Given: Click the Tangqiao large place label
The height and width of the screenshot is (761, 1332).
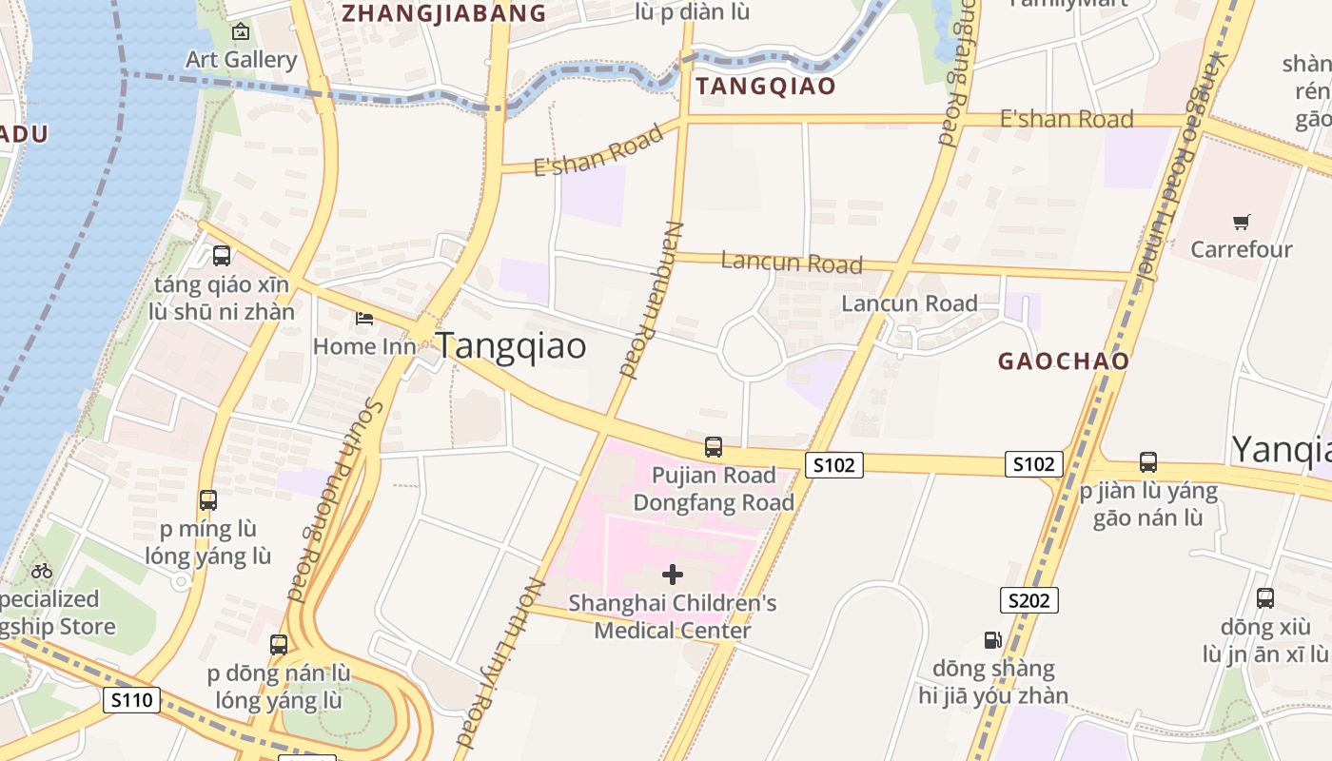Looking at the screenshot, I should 511,346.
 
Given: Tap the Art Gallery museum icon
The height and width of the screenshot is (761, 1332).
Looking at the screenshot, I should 241,31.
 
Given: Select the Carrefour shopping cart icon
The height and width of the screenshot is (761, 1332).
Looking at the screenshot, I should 1241,222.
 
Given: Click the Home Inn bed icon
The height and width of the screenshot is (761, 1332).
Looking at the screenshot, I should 364,318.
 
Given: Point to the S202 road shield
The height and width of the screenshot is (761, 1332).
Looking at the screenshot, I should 1028,600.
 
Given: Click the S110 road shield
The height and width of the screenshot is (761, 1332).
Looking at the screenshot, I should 130,701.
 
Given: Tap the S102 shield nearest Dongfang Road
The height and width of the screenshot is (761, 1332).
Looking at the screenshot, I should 834,465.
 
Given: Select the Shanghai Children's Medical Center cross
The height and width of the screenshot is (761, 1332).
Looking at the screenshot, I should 673,574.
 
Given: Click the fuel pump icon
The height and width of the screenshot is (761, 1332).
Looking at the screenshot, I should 992,640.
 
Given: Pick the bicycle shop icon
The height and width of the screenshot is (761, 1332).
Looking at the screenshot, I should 42,571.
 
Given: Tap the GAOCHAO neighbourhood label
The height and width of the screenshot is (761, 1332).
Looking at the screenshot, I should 1063,361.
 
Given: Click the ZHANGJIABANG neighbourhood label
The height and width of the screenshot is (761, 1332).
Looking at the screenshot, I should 443,13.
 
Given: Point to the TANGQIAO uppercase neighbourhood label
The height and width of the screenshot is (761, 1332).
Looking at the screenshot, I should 765,87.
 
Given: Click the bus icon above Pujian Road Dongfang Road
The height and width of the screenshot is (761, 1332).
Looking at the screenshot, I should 713,446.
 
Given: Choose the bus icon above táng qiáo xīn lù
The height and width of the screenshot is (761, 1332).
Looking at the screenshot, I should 222,255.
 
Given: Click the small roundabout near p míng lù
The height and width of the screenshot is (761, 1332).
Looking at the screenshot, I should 182,579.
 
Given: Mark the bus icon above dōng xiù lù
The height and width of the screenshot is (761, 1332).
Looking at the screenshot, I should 1264,598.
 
